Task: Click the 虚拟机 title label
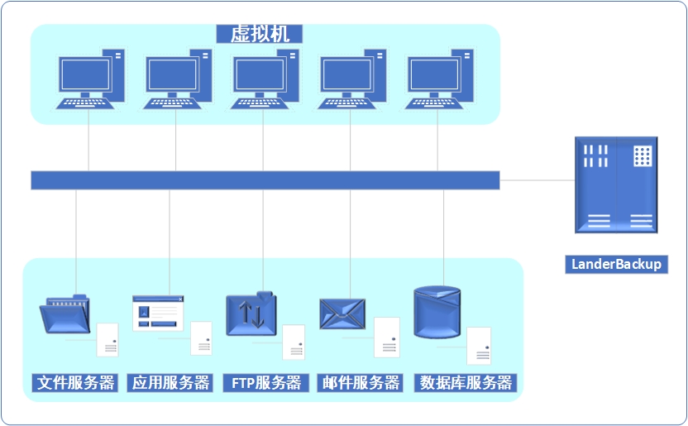click(x=259, y=33)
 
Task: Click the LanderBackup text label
click(x=617, y=264)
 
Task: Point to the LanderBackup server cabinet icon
click(x=616, y=184)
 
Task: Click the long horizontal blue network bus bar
click(x=265, y=180)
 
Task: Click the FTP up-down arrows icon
click(x=251, y=314)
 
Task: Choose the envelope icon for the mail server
click(x=342, y=314)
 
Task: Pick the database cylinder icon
click(x=437, y=313)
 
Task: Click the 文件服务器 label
click(x=76, y=383)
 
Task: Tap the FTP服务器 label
click(x=265, y=383)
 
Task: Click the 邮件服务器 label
click(x=361, y=383)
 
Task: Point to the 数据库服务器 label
click(x=466, y=383)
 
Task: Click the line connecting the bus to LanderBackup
click(x=537, y=179)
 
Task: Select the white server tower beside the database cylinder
click(x=479, y=346)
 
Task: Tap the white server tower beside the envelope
click(x=386, y=337)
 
